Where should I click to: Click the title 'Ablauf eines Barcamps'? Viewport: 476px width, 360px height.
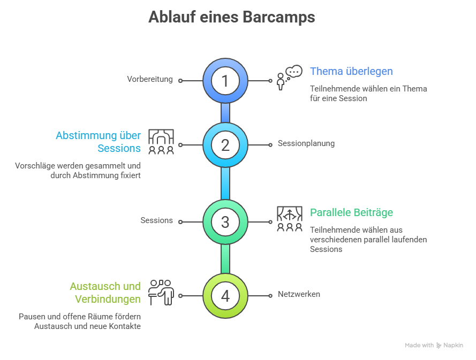[x=231, y=18]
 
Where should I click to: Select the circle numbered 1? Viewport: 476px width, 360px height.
[x=225, y=81]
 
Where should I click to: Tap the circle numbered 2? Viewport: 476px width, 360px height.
[x=225, y=144]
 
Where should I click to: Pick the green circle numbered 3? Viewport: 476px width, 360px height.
[x=225, y=221]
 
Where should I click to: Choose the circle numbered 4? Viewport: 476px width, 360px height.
[x=225, y=295]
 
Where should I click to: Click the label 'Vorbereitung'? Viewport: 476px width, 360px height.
[x=150, y=79]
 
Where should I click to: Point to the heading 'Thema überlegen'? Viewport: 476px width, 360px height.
[x=351, y=71]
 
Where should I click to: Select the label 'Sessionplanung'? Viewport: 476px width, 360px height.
[x=306, y=143]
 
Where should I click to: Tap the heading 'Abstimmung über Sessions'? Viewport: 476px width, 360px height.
[x=99, y=142]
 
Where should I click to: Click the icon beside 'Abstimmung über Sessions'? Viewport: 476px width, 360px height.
[x=161, y=142]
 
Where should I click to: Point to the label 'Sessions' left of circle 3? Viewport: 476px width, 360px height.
[x=156, y=220]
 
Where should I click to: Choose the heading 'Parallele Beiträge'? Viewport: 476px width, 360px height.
[x=351, y=212]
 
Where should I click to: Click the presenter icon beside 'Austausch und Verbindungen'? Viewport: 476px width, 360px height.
[x=161, y=292]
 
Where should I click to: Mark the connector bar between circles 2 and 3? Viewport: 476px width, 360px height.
[x=225, y=183]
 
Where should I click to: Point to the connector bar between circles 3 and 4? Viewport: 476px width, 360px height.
[x=225, y=258]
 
